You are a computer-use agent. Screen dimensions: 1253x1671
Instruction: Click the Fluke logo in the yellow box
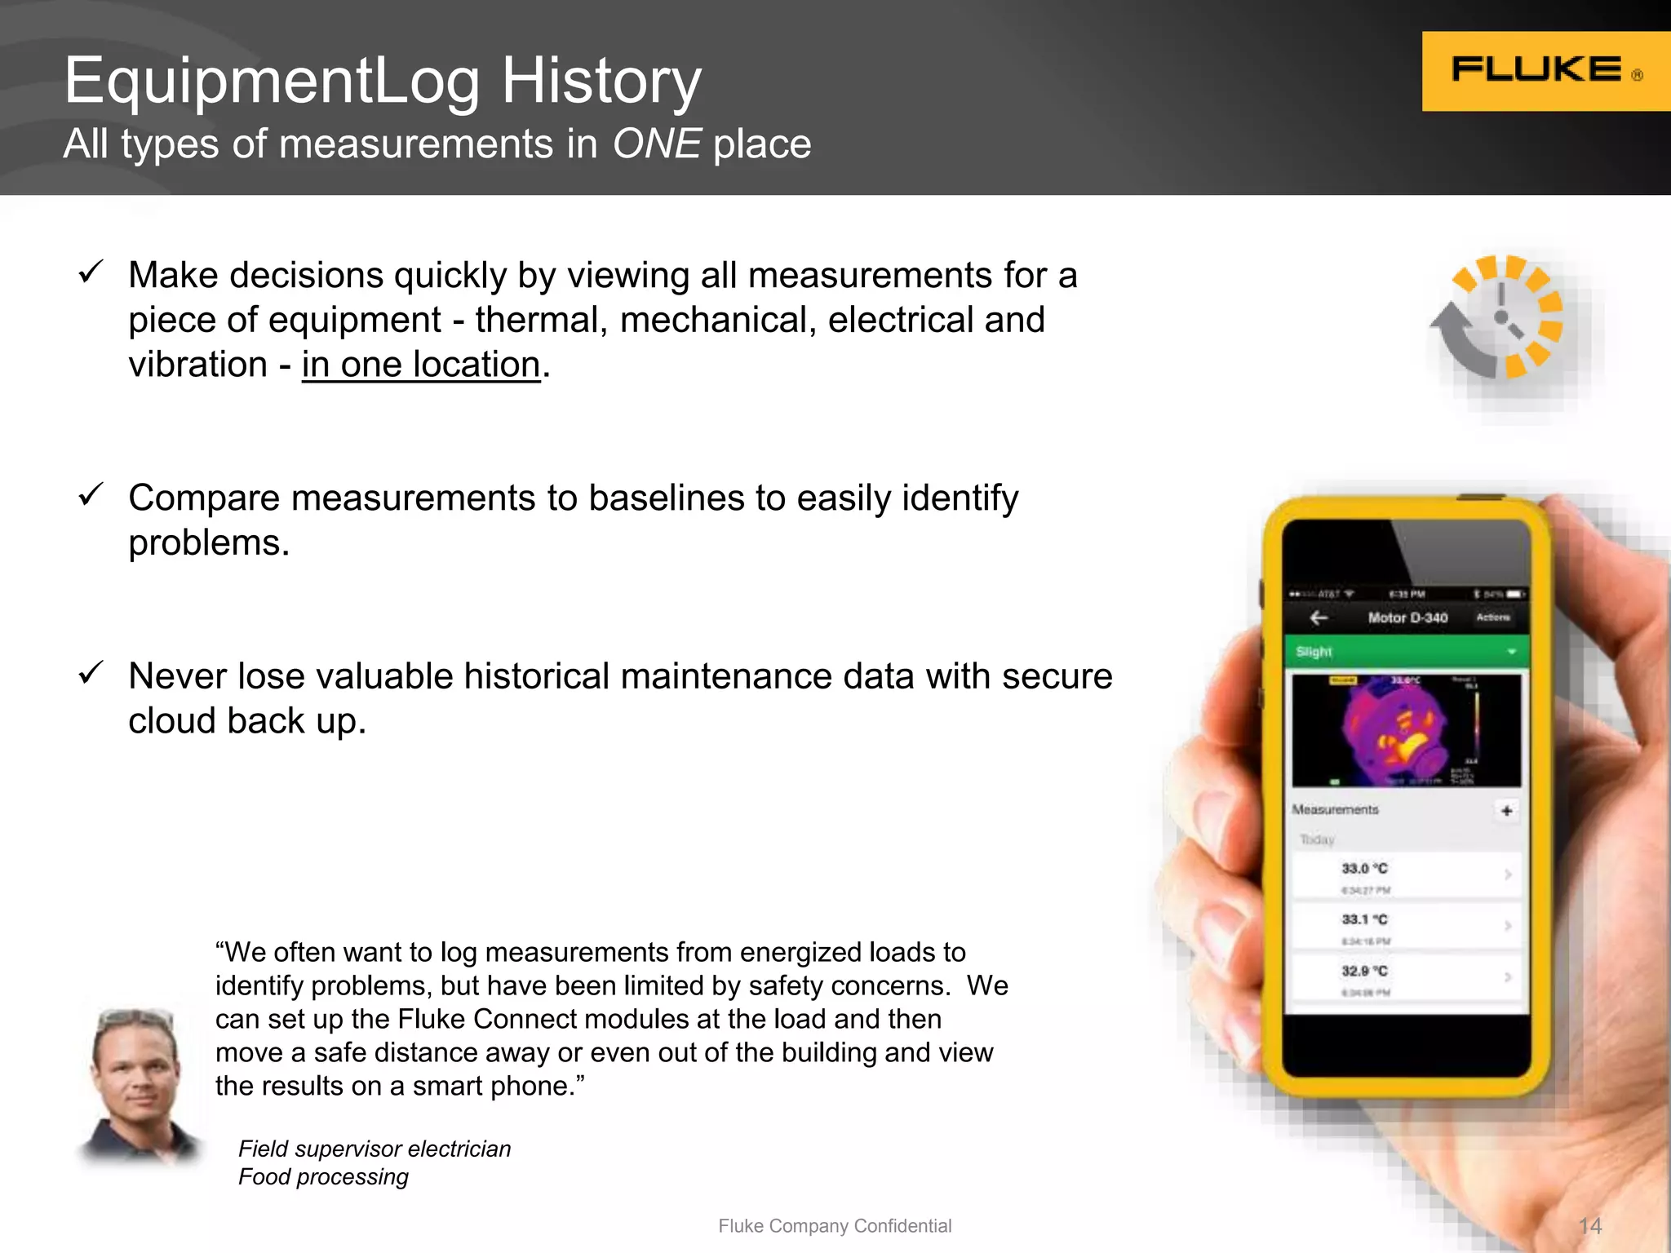click(x=1537, y=70)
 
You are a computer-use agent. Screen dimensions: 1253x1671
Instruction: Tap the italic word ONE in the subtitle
click(x=656, y=144)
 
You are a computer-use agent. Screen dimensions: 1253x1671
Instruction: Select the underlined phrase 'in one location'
click(x=421, y=365)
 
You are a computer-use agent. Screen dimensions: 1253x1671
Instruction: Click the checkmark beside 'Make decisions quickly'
click(x=91, y=272)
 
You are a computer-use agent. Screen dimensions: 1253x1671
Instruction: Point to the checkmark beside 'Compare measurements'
click(x=91, y=494)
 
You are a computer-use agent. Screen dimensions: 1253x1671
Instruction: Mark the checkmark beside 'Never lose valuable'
click(x=91, y=673)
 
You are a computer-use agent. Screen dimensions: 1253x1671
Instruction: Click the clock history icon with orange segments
click(x=1497, y=317)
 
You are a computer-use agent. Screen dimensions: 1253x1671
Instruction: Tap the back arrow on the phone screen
click(x=1319, y=618)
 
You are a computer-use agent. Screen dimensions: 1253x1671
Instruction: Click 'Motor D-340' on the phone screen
click(x=1407, y=618)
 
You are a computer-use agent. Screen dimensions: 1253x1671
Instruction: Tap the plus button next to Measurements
click(x=1506, y=811)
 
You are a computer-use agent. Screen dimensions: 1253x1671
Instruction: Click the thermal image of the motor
click(x=1405, y=730)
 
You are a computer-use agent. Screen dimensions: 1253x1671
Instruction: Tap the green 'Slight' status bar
click(x=1405, y=652)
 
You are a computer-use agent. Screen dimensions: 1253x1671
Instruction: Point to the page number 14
click(x=1589, y=1225)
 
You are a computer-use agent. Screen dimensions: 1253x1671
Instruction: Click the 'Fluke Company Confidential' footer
click(x=835, y=1225)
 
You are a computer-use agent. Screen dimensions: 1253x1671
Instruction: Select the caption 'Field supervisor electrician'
click(x=375, y=1149)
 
